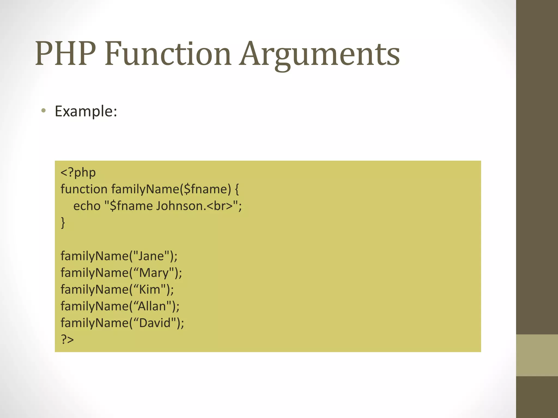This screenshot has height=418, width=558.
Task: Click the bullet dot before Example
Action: click(43, 111)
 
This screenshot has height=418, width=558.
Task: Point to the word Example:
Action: click(86, 111)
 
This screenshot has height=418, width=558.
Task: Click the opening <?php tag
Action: click(78, 173)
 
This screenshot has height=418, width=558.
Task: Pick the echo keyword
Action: click(87, 206)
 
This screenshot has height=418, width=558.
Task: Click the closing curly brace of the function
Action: click(63, 223)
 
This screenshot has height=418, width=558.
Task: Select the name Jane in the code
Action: click(151, 256)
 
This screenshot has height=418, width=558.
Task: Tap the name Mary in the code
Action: click(154, 273)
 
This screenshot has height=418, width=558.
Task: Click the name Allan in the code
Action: click(152, 306)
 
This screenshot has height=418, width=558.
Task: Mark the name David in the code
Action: click(155, 323)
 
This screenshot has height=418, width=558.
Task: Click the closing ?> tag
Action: click(67, 339)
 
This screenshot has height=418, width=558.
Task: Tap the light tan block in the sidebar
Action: click(537, 355)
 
